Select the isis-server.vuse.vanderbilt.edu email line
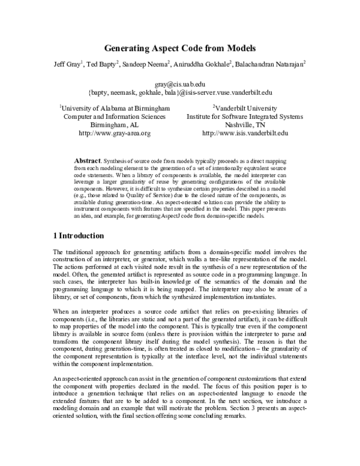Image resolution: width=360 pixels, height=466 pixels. tap(180, 93)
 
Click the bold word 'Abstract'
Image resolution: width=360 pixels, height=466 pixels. tap(86, 162)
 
